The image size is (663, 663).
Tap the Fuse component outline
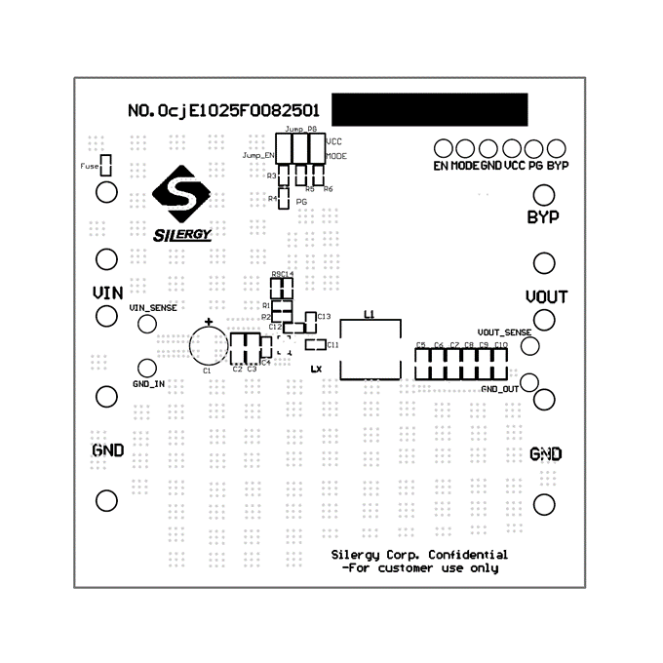108,166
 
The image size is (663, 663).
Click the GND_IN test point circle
145,369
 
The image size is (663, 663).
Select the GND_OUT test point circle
530,381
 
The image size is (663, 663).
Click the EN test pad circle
443,149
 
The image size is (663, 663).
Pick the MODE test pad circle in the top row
465,149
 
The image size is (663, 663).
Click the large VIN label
107,292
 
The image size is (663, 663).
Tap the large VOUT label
546,296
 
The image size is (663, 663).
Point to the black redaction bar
429,107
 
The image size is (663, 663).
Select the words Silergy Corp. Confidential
419,554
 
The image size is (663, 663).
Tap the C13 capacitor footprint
311,317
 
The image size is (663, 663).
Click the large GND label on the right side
546,454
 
